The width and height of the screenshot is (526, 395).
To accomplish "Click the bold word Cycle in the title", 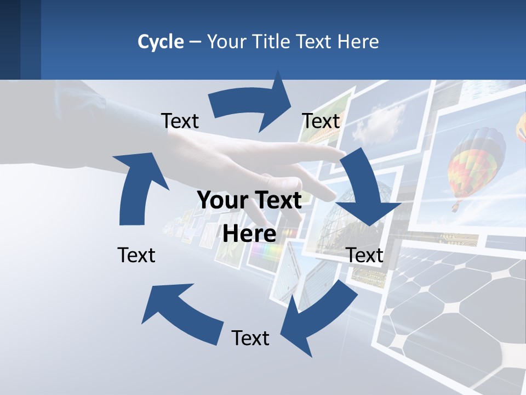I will click(161, 42).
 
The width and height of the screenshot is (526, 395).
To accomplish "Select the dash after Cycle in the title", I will click(195, 42).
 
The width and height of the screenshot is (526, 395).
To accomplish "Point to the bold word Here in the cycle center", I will click(249, 234).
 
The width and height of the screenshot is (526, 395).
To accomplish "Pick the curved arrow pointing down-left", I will click(318, 313).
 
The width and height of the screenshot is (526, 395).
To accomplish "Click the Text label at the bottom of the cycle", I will click(250, 338).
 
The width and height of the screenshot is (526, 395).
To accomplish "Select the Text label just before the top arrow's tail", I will click(180, 121).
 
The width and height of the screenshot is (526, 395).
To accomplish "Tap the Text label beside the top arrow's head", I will click(321, 121).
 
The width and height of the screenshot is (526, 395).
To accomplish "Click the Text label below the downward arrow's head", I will click(365, 255).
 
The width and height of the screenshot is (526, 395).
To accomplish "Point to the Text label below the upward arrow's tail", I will click(136, 255).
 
